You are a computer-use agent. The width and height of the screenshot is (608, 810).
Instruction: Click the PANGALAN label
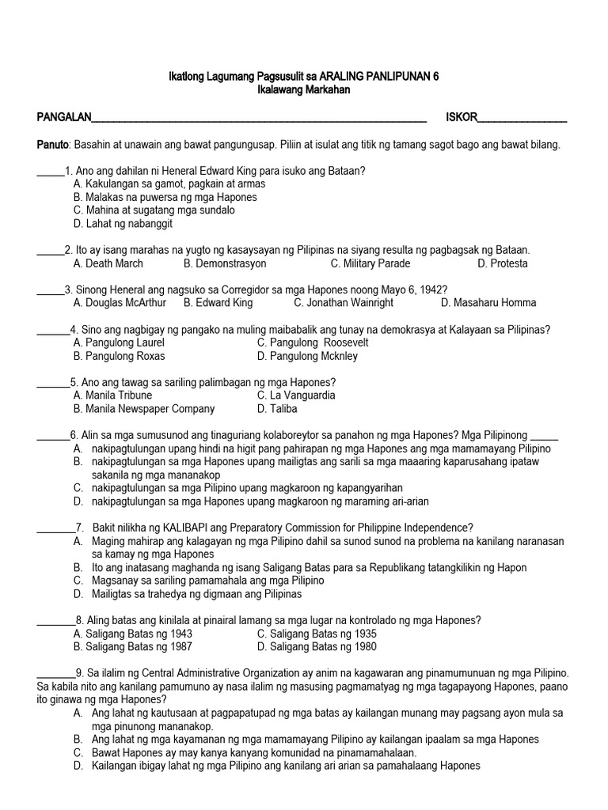point(65,118)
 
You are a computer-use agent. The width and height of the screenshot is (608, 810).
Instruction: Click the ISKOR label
point(462,118)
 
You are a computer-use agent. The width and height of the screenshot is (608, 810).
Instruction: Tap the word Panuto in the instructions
point(54,145)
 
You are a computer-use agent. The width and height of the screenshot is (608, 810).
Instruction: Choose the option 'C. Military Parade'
point(370,263)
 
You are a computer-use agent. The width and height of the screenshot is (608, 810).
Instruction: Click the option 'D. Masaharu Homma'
point(488,302)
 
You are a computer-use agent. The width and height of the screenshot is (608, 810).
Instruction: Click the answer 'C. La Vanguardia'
point(296,395)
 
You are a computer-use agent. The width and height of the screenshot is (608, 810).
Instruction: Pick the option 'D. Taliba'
point(277,409)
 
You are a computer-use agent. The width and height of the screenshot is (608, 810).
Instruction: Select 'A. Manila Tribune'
point(112,395)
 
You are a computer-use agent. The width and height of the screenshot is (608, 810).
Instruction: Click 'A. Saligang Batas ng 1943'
point(132,634)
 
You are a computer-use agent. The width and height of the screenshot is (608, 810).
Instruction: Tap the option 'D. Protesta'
point(502,263)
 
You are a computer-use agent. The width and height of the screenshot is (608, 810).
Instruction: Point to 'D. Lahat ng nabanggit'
point(123,224)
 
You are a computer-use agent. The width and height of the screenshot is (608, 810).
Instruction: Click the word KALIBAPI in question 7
point(186,528)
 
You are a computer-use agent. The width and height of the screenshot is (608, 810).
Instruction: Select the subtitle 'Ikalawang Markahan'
point(304,90)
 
